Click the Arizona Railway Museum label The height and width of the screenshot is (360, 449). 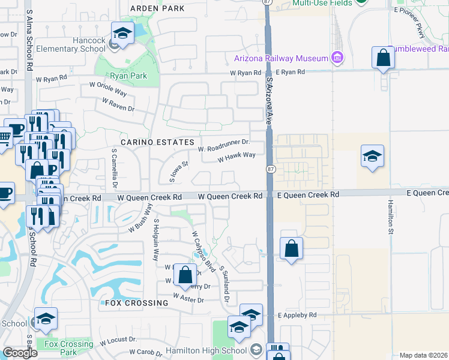[281, 58]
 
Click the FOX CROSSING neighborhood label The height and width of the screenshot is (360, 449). [137, 303]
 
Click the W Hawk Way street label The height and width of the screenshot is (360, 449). [237, 157]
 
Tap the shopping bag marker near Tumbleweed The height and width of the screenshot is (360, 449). [383, 58]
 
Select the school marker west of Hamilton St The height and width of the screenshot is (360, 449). [372, 157]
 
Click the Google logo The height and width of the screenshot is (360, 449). [20, 353]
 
